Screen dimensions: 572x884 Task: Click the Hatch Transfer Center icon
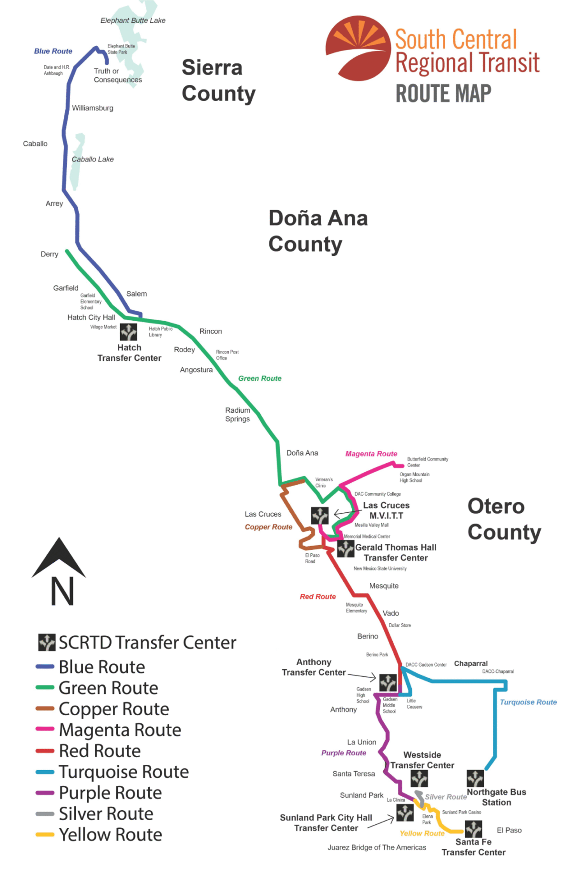point(129,332)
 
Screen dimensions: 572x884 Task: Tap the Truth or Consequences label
point(118,75)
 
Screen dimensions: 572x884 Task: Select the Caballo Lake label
point(92,159)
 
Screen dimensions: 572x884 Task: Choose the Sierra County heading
point(219,81)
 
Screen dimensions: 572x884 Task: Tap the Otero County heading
point(504,519)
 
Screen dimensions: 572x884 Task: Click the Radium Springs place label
point(238,415)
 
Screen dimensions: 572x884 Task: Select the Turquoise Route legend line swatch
point(45,772)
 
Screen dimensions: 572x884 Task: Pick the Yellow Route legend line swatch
point(45,835)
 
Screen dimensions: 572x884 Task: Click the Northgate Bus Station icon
point(475,779)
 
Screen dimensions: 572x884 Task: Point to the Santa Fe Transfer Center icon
point(473,829)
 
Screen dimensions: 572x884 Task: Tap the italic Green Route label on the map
point(260,378)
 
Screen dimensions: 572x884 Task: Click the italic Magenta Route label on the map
point(371,454)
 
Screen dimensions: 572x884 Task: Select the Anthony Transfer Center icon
point(388,682)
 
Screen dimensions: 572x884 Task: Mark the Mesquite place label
point(384,586)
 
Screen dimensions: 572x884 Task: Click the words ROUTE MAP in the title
point(443,93)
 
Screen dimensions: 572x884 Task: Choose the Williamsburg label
point(92,108)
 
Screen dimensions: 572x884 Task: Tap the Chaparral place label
point(471,663)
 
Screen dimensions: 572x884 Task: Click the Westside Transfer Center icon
point(419,779)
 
